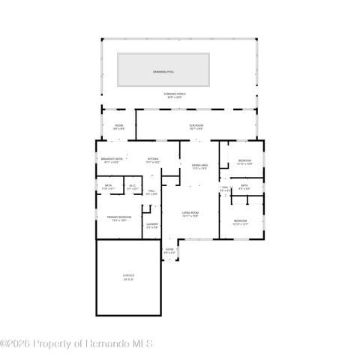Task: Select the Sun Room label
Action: (x=196, y=127)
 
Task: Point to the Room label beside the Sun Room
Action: (x=118, y=127)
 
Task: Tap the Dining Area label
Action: (x=199, y=166)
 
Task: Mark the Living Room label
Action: (x=190, y=214)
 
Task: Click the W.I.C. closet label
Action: (x=132, y=187)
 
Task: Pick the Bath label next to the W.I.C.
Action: (x=109, y=187)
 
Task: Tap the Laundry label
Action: (x=152, y=225)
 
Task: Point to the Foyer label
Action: (x=169, y=250)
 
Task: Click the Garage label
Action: (x=129, y=277)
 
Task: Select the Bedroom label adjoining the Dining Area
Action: (x=244, y=162)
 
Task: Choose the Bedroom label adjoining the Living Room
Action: (x=240, y=222)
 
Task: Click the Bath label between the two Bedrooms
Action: (x=244, y=187)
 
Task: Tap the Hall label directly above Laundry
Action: (x=151, y=193)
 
